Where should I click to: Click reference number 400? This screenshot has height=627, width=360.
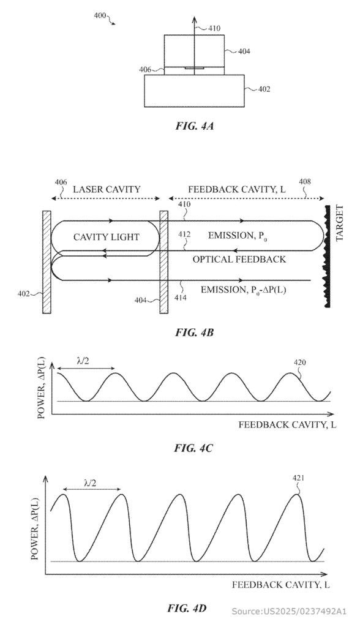(100, 15)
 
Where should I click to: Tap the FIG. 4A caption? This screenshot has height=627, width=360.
(195, 126)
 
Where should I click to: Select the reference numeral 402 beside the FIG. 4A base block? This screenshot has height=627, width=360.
(264, 89)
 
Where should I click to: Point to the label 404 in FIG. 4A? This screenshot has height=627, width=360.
(244, 51)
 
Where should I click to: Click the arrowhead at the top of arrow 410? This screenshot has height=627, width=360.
(195, 19)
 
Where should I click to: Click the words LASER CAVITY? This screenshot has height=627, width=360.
(107, 189)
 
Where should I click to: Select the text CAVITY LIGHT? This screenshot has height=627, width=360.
(106, 237)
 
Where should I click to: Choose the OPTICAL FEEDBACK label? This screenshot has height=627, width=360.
(239, 260)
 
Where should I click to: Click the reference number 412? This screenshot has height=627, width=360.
(184, 235)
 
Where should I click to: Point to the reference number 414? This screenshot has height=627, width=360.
(180, 298)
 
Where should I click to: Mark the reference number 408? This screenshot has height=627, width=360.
(305, 182)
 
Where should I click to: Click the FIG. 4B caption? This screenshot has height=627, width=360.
(195, 332)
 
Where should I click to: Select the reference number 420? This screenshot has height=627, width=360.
(300, 362)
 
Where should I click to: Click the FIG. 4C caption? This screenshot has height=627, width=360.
(193, 448)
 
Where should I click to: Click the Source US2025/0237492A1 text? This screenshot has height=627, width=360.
(289, 611)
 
